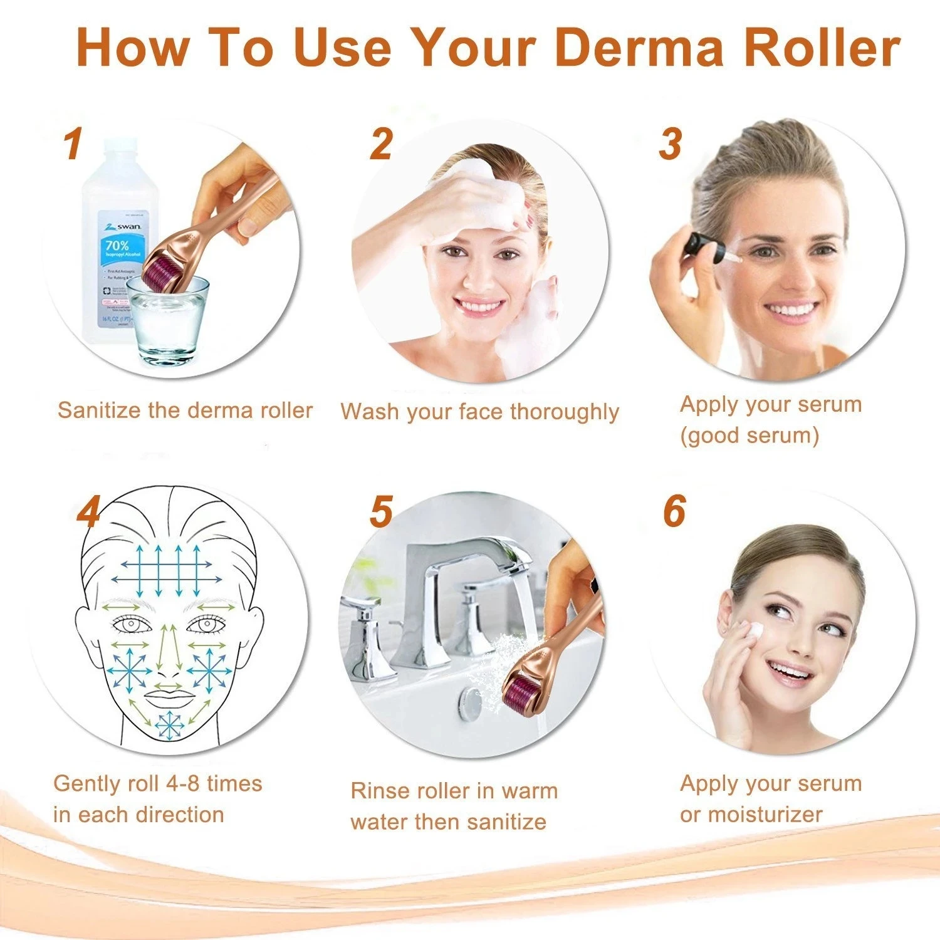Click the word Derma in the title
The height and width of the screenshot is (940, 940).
pyautogui.click(x=639, y=48)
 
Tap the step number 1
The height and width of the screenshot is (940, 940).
pyautogui.click(x=73, y=144)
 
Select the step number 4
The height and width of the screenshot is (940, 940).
pyautogui.click(x=88, y=513)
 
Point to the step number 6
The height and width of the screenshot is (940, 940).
pyautogui.click(x=674, y=511)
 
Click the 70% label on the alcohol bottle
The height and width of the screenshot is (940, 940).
pyautogui.click(x=117, y=246)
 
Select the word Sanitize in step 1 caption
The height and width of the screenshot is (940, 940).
pyautogui.click(x=99, y=410)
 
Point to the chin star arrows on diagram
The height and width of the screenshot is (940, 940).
pyautogui.click(x=169, y=725)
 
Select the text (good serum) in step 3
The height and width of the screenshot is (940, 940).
pyautogui.click(x=749, y=436)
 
